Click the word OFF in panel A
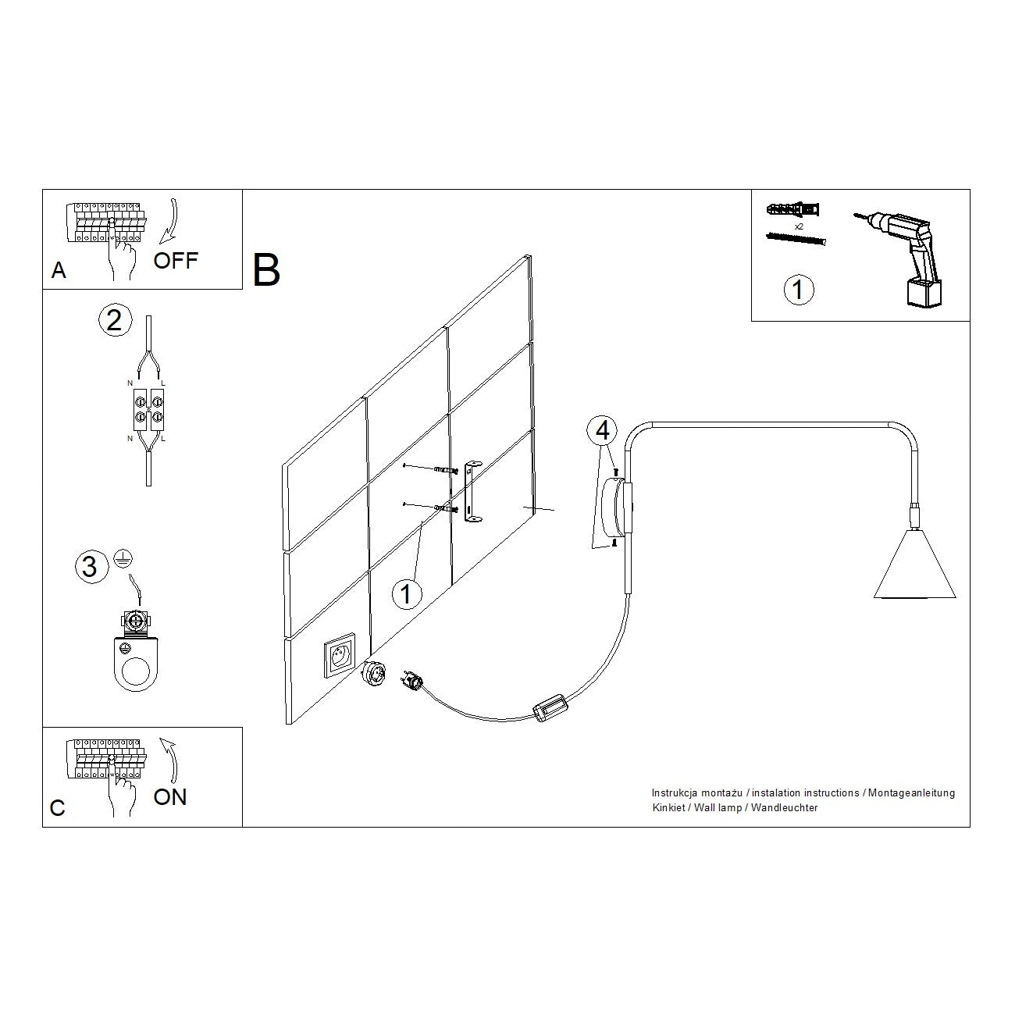(176, 260)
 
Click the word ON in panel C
(170, 797)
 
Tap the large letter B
(266, 270)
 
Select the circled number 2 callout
(114, 320)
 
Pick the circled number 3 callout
(90, 566)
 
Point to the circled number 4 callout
(602, 430)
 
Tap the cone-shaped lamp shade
(914, 566)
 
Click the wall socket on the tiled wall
(340, 656)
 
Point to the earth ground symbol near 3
(121, 557)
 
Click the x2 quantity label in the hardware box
(799, 226)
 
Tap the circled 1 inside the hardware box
(798, 290)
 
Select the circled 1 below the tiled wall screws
(405, 594)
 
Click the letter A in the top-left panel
(59, 271)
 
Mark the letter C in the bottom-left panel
(57, 808)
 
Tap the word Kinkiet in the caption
(668, 807)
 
